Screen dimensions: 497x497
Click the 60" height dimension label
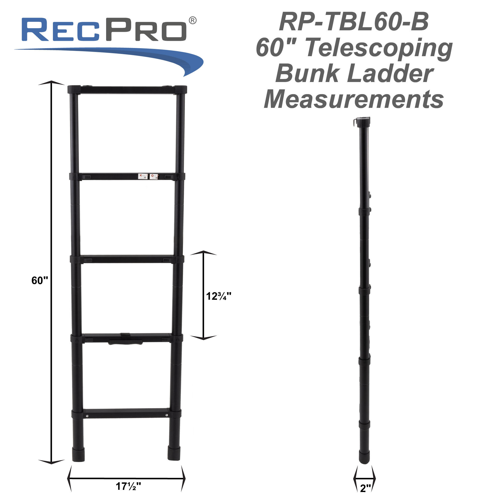point(40,280)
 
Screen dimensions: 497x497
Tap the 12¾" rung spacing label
point(219,296)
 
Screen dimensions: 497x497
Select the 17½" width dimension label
point(128,486)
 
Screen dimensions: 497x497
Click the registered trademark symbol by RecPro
point(193,21)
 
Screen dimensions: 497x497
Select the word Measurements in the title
point(354,100)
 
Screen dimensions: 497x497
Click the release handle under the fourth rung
point(125,342)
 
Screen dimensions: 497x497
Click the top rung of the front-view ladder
point(127,90)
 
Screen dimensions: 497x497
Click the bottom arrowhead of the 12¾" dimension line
point(204,337)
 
